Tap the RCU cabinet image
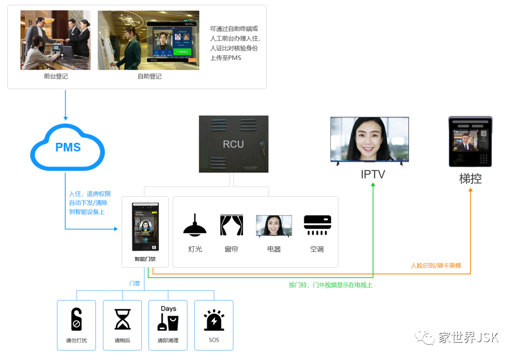pos(233,144)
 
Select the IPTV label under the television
pos(373,174)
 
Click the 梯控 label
pos(470,179)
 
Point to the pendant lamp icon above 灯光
pos(195,225)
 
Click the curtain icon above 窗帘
pos(231,225)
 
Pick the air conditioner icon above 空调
pos(317,225)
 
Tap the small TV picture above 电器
pos(274,226)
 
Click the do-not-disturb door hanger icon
pos(76,319)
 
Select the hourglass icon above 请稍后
pos(122,319)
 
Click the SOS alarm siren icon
pos(214,320)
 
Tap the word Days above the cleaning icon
pos(168,309)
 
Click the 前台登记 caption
pos(55,76)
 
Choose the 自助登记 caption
pos(149,76)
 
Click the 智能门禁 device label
pos(145,259)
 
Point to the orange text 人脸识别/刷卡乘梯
pos(436,265)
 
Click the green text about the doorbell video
pos(330,285)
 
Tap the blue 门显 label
pos(135,283)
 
